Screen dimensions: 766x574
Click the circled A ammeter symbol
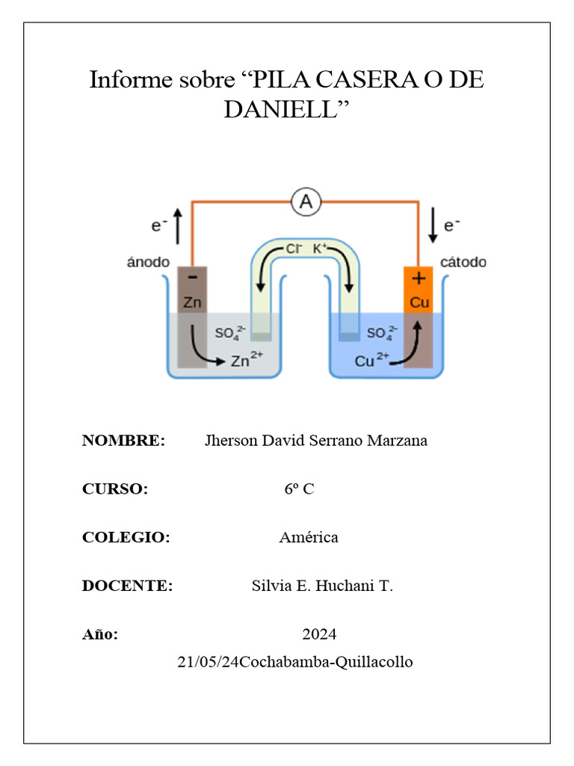tap(305, 202)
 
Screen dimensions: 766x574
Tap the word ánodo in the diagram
tap(148, 263)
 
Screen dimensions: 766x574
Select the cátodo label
tap(463, 263)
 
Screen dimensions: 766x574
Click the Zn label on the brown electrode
tap(193, 303)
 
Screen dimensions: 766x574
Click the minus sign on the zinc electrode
tap(193, 278)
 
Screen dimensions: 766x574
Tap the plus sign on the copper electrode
tap(418, 278)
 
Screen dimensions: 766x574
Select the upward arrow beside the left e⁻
tap(177, 227)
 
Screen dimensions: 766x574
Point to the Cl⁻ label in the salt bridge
tap(293, 248)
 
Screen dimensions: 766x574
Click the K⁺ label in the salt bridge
tap(319, 248)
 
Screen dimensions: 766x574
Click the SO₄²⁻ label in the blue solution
tap(382, 333)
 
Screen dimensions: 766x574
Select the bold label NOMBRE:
tap(123, 441)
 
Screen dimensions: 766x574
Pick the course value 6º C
tap(299, 489)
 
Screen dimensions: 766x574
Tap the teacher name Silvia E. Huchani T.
tap(322, 586)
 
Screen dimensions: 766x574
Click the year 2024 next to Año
tap(319, 634)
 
